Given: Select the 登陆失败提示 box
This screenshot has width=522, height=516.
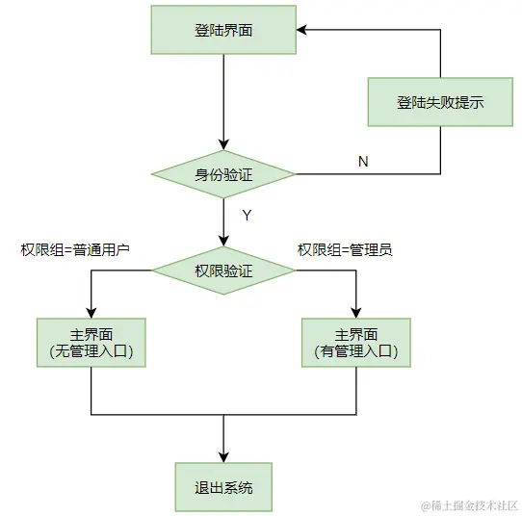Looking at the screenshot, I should tap(440, 102).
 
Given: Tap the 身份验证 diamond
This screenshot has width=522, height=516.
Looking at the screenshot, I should tap(223, 174).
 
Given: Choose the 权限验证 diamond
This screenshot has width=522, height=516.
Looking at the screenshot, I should tap(223, 271).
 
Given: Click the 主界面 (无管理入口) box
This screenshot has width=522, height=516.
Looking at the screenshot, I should tap(91, 343).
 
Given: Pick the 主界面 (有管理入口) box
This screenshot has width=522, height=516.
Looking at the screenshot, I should tap(355, 343).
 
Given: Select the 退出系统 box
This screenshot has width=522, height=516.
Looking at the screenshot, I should tap(223, 486).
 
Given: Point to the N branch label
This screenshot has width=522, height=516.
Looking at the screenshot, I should tap(363, 162).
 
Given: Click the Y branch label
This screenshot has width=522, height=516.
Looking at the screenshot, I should tap(247, 216).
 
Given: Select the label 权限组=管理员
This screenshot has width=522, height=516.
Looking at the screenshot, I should tap(344, 249).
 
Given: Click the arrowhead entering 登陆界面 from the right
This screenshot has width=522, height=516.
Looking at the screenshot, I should tap(301, 30).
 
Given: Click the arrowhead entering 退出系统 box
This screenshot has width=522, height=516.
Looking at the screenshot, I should tap(223, 457).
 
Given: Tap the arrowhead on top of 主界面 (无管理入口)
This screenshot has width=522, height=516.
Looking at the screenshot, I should tap(91, 313).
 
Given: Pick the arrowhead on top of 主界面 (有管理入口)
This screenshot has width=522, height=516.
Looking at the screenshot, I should tap(355, 313).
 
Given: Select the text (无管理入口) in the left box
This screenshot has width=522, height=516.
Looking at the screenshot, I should tap(91, 352).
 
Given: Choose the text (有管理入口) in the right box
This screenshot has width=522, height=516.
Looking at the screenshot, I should tap(355, 352).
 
